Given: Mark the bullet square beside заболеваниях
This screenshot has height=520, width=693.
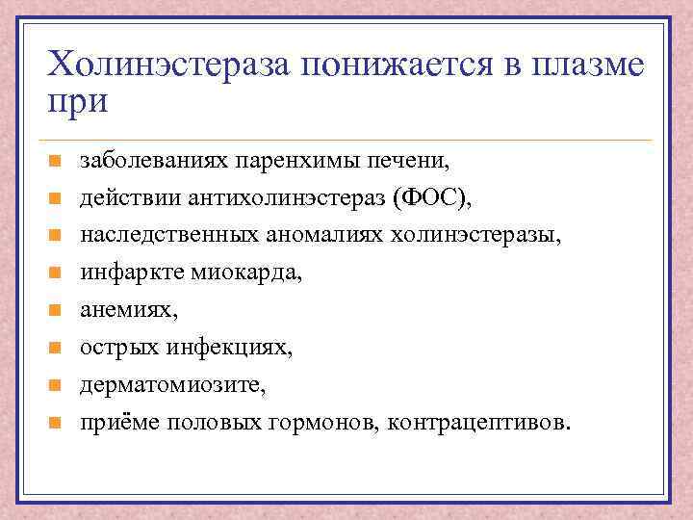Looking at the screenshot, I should tap(56, 161).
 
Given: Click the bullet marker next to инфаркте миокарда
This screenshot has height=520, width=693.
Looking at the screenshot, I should tap(56, 273).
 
